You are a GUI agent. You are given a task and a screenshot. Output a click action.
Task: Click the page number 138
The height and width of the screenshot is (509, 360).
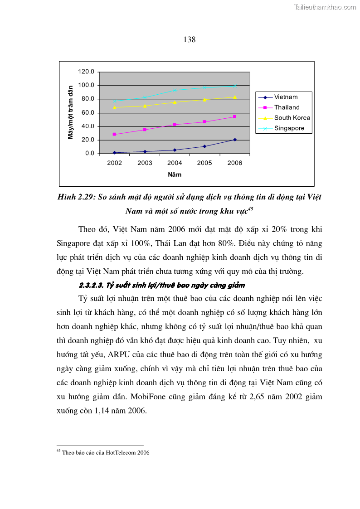[190, 39]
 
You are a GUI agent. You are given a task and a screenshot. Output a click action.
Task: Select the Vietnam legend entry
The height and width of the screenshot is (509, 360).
[286, 97]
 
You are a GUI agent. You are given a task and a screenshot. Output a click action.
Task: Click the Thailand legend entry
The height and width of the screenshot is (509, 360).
[287, 107]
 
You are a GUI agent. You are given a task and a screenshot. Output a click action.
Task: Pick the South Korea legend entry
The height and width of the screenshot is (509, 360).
[292, 118]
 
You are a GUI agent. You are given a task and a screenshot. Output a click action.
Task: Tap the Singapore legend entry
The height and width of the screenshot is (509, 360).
[289, 128]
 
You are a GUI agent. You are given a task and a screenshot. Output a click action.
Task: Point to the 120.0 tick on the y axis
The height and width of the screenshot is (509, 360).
[86, 72]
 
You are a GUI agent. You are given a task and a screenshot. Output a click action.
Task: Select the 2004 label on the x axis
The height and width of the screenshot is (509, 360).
[175, 163]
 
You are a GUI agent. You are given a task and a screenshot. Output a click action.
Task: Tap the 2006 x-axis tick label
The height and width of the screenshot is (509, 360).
[234, 163]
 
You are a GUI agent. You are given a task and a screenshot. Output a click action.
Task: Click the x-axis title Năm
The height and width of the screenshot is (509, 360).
[175, 175]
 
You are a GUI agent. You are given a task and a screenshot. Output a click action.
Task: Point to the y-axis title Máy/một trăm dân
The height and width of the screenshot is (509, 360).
[71, 112]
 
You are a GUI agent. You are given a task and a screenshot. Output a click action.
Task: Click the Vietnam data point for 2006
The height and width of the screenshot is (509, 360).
[234, 140]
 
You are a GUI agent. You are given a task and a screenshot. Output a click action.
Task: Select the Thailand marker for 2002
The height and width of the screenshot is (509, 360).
[114, 134]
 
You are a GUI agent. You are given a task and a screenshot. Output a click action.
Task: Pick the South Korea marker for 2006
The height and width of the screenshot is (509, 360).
[234, 97]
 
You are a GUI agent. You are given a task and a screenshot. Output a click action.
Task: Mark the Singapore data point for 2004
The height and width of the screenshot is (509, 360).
[175, 90]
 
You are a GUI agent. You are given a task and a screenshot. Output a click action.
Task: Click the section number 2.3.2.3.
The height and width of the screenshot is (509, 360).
[92, 286]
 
